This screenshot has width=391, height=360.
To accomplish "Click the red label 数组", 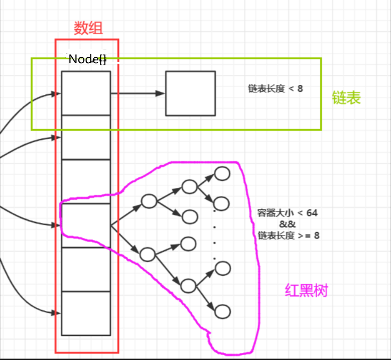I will tap(88, 28).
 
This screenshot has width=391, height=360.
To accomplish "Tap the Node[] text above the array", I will tap(87, 59).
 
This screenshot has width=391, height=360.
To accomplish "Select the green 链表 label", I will tap(346, 98).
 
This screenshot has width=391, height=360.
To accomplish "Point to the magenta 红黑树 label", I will tap(306, 290).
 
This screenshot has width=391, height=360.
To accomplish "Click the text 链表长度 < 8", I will tap(276, 89).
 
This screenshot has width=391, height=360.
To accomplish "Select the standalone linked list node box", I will tap(190, 93).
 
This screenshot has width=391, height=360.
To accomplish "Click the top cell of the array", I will tap(86, 93).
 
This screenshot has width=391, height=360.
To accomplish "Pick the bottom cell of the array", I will tap(86, 313).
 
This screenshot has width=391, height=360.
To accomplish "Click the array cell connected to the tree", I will tap(86, 225).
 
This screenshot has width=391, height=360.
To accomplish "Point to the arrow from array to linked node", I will tap(138, 93).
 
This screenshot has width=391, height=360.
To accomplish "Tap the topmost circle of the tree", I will tap(222, 173).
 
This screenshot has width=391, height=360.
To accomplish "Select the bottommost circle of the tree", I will tap(222, 311).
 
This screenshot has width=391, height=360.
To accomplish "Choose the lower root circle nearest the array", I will tap(148, 254).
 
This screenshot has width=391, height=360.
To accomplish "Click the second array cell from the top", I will tap(86, 137).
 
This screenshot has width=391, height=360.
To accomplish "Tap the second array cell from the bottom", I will tap(86, 270).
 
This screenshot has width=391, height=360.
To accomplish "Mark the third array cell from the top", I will tap(86, 181).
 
